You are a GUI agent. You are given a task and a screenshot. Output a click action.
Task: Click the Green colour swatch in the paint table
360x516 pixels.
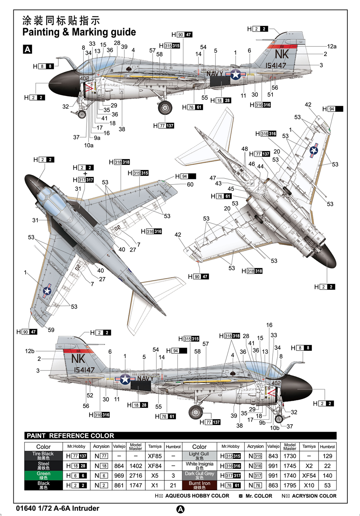click(43, 476)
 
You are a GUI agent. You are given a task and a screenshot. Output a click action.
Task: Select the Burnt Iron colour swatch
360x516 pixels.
click(199, 485)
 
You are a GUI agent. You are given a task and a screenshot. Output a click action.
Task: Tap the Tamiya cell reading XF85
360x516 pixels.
click(155, 456)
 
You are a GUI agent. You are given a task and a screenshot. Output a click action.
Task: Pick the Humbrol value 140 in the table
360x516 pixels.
click(327, 476)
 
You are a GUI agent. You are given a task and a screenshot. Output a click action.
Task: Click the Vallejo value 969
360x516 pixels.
click(119, 476)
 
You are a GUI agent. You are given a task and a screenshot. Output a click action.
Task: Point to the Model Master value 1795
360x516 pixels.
click(290, 485)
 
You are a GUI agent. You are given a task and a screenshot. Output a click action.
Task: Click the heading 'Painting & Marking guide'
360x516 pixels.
click(79, 32)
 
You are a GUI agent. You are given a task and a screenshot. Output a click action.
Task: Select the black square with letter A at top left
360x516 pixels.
click(27, 49)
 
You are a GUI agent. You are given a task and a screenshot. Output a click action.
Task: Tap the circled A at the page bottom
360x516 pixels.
click(180, 509)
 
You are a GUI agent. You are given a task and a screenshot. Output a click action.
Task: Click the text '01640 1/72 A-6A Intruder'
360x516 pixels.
click(58, 508)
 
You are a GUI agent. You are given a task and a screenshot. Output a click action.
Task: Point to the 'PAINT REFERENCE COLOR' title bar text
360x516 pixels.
click(70, 436)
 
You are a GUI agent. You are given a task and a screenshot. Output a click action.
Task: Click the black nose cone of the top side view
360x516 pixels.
click(63, 83)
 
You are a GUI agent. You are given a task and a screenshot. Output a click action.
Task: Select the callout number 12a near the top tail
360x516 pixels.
click(332, 46)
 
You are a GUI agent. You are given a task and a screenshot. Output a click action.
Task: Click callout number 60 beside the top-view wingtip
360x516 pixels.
click(190, 185)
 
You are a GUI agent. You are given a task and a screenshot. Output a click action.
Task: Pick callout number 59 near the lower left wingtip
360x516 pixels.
click(51, 330)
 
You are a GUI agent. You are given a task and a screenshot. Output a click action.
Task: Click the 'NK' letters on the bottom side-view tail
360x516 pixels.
click(78, 359)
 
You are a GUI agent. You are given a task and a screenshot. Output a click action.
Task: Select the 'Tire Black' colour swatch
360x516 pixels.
click(43, 456)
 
